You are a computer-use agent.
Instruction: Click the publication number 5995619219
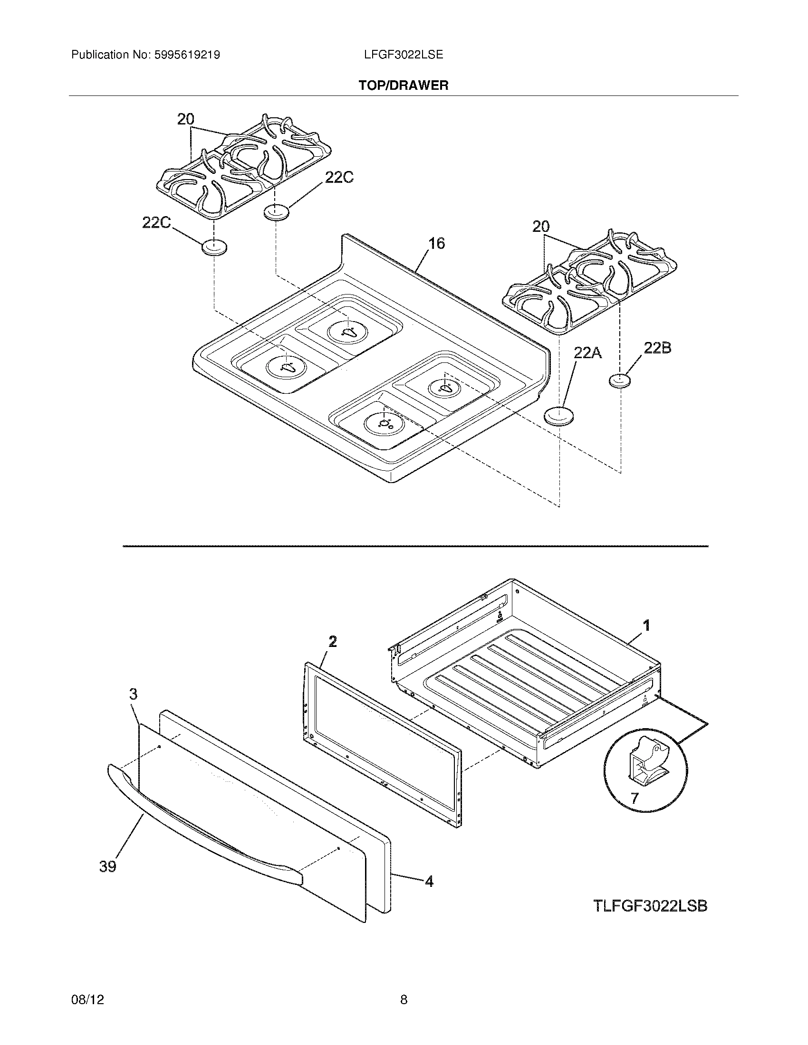click(x=187, y=55)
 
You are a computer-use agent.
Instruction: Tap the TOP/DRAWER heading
click(x=404, y=85)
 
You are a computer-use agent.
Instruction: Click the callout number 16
click(x=436, y=244)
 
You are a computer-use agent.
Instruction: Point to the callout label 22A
click(x=587, y=353)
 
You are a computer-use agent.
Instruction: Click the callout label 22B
click(x=657, y=348)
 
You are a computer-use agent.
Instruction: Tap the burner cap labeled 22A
click(x=559, y=415)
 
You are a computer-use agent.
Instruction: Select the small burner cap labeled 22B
click(x=619, y=381)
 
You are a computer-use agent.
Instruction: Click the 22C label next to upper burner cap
click(x=339, y=178)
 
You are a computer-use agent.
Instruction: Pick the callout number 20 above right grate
click(x=541, y=227)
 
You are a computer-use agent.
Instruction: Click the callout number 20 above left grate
click(x=186, y=119)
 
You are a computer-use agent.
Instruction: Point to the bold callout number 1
click(x=646, y=626)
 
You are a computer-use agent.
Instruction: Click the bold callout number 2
click(x=333, y=641)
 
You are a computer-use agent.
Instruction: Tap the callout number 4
click(x=429, y=881)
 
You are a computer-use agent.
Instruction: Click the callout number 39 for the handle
click(x=108, y=866)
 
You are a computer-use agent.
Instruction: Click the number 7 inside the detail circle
click(x=634, y=798)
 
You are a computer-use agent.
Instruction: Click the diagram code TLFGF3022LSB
click(x=650, y=906)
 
